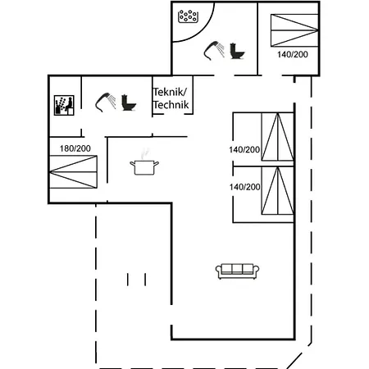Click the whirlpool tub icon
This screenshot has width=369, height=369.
(188, 16)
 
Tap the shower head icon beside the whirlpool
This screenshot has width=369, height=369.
(214, 51)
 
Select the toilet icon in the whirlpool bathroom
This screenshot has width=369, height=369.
(237, 51)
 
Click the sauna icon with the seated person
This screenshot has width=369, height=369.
(64, 105)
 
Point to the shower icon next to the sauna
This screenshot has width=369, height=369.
(106, 102)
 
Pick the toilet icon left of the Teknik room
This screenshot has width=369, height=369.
(129, 102)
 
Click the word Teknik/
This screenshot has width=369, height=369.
(170, 92)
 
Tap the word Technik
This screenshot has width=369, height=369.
(171, 105)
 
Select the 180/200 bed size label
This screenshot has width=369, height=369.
(75, 148)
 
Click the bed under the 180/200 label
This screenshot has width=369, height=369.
(73, 172)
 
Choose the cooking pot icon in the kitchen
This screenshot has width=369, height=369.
(144, 167)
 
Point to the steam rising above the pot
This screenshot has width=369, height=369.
(145, 153)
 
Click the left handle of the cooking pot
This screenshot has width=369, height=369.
(132, 164)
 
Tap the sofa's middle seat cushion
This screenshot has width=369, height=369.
(237, 269)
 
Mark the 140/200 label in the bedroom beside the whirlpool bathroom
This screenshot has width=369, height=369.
(293, 54)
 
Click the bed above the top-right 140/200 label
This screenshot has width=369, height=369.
(294, 30)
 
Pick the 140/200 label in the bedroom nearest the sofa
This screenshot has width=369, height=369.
(244, 187)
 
